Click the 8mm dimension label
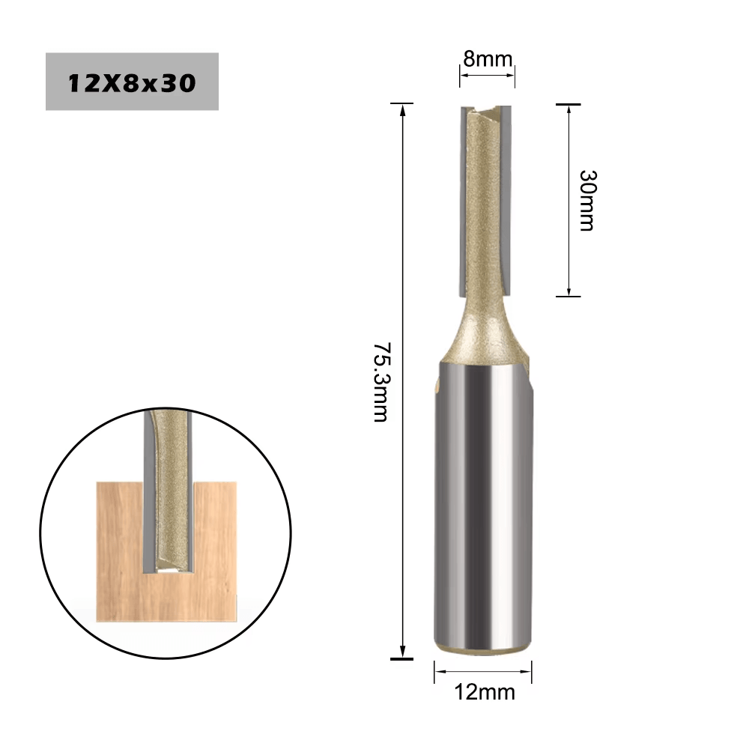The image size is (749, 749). [x=488, y=59]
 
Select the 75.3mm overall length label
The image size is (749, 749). [x=381, y=382]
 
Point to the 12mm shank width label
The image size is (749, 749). [x=485, y=691]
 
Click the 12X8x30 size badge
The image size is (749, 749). [x=132, y=82]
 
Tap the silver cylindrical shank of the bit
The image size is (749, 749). [x=483, y=509]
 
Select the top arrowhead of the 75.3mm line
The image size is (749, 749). [x=402, y=109]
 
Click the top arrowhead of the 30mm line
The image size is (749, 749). [x=568, y=110]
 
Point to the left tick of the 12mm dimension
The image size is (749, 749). [x=434, y=672]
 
